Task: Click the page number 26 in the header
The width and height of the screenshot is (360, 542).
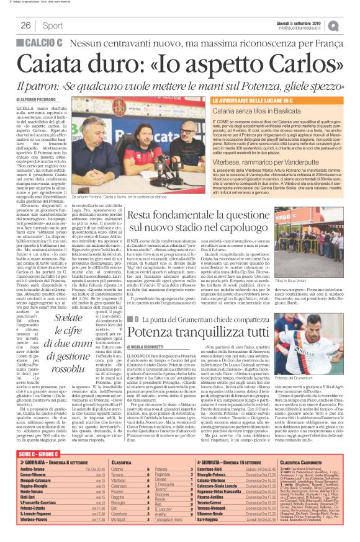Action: tap(26, 25)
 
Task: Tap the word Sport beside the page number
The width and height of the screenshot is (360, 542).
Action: tap(53, 25)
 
